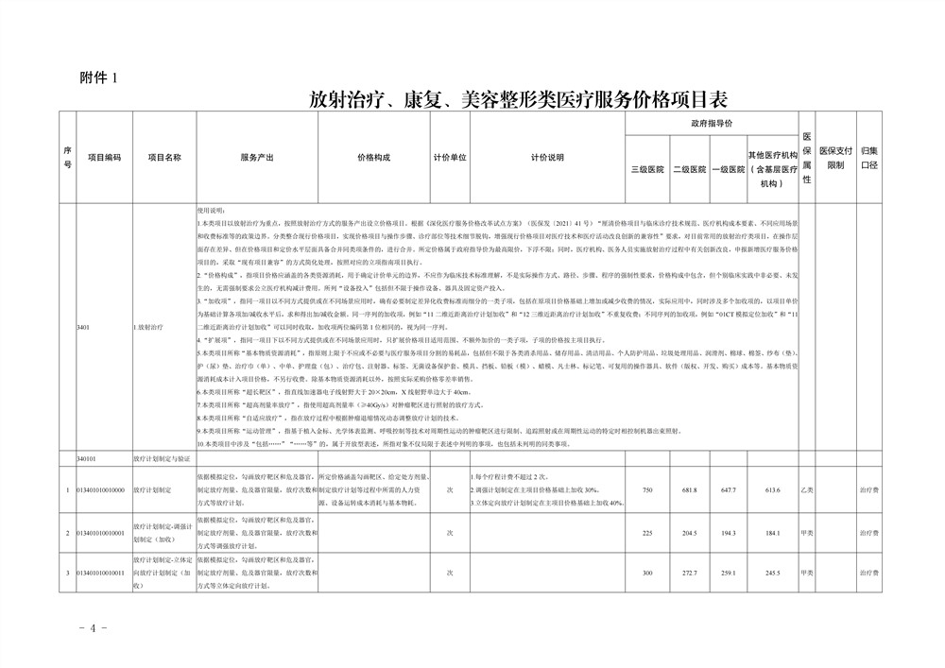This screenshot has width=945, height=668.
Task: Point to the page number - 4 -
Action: [x=96, y=627]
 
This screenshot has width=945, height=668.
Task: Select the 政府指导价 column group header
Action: [x=712, y=124]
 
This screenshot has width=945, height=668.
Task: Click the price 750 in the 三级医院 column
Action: [x=647, y=490]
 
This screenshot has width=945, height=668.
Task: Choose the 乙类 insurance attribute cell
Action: [x=807, y=490]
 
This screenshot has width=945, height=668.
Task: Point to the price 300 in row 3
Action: [x=647, y=573]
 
